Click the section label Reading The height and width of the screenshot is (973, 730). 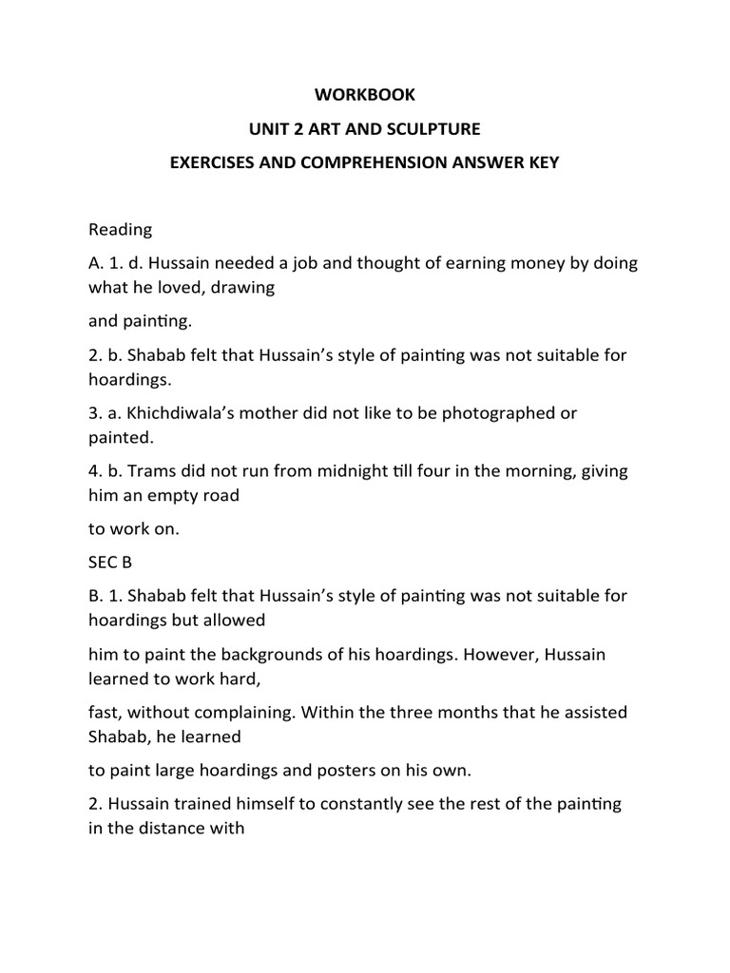click(120, 229)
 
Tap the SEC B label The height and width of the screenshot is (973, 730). click(110, 563)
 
